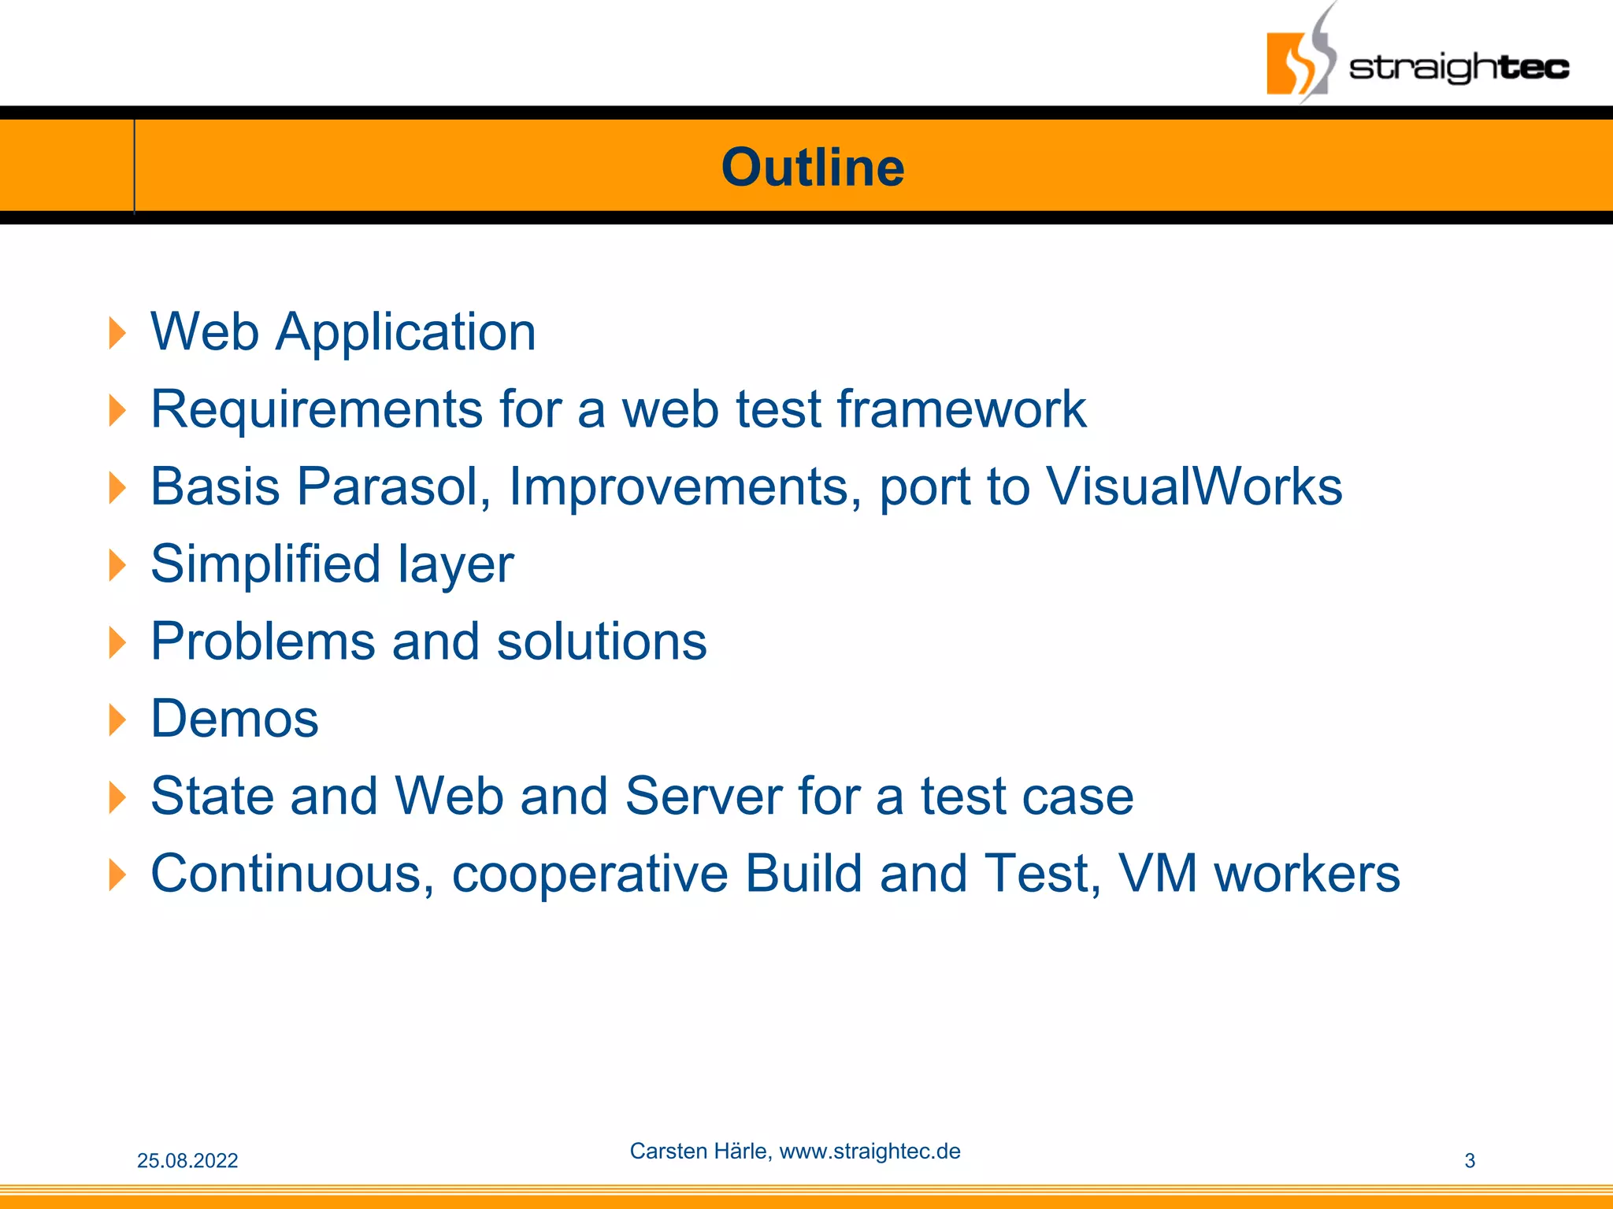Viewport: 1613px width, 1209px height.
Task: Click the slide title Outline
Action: point(813,168)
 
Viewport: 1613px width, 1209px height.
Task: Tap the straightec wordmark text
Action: point(1459,68)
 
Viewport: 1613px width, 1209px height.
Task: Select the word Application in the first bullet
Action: point(406,332)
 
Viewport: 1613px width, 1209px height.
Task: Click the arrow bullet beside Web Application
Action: point(117,333)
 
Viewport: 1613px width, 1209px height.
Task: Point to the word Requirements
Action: point(317,409)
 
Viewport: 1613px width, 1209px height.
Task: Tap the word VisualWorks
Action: point(1194,486)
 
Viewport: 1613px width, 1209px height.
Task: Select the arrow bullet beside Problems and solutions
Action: point(117,642)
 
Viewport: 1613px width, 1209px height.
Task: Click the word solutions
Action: point(602,641)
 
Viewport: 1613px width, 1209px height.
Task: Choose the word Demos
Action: point(235,719)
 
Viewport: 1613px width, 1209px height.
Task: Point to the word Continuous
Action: point(291,874)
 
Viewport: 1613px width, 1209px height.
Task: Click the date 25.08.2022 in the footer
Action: point(187,1160)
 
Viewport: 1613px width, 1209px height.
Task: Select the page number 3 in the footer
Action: point(1469,1160)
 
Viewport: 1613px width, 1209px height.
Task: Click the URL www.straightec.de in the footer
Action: point(870,1151)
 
